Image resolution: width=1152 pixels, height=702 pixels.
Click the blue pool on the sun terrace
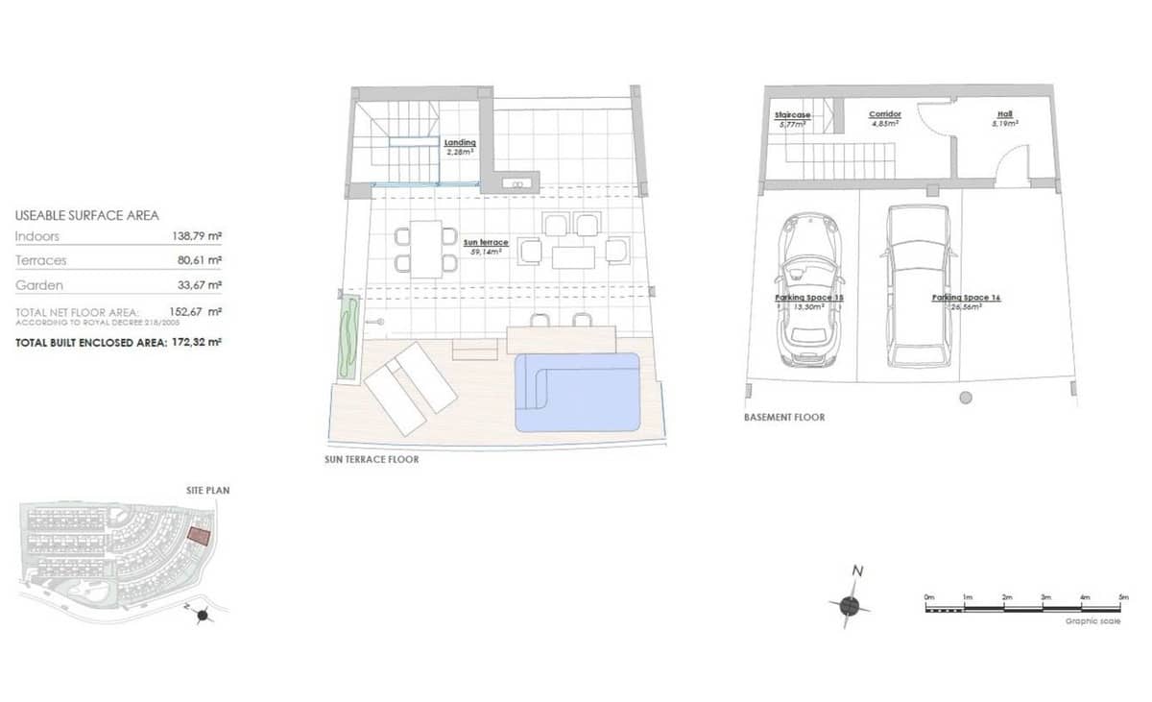[579, 392]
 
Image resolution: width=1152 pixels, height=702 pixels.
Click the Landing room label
[460, 143]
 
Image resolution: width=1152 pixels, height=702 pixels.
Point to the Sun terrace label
[486, 243]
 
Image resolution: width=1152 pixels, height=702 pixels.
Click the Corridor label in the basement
[884, 114]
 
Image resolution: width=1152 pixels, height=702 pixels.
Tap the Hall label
[1004, 114]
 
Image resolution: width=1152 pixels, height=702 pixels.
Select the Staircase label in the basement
[792, 115]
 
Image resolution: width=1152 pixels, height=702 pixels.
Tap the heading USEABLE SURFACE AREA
[87, 216]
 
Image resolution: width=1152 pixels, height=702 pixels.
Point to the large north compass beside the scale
[850, 604]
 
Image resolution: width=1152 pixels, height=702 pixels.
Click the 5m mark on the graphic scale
[1123, 597]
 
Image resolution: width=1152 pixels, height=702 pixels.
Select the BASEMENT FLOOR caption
[784, 418]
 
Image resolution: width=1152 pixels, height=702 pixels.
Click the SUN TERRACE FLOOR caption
[372, 460]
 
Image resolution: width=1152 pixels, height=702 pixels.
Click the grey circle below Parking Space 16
[965, 397]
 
